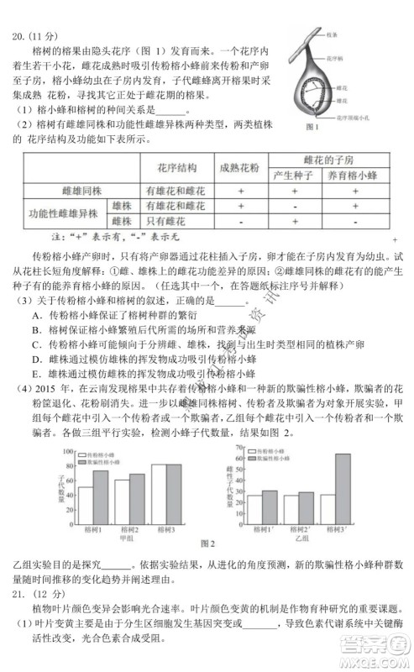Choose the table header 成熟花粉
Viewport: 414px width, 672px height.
click(x=240, y=166)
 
